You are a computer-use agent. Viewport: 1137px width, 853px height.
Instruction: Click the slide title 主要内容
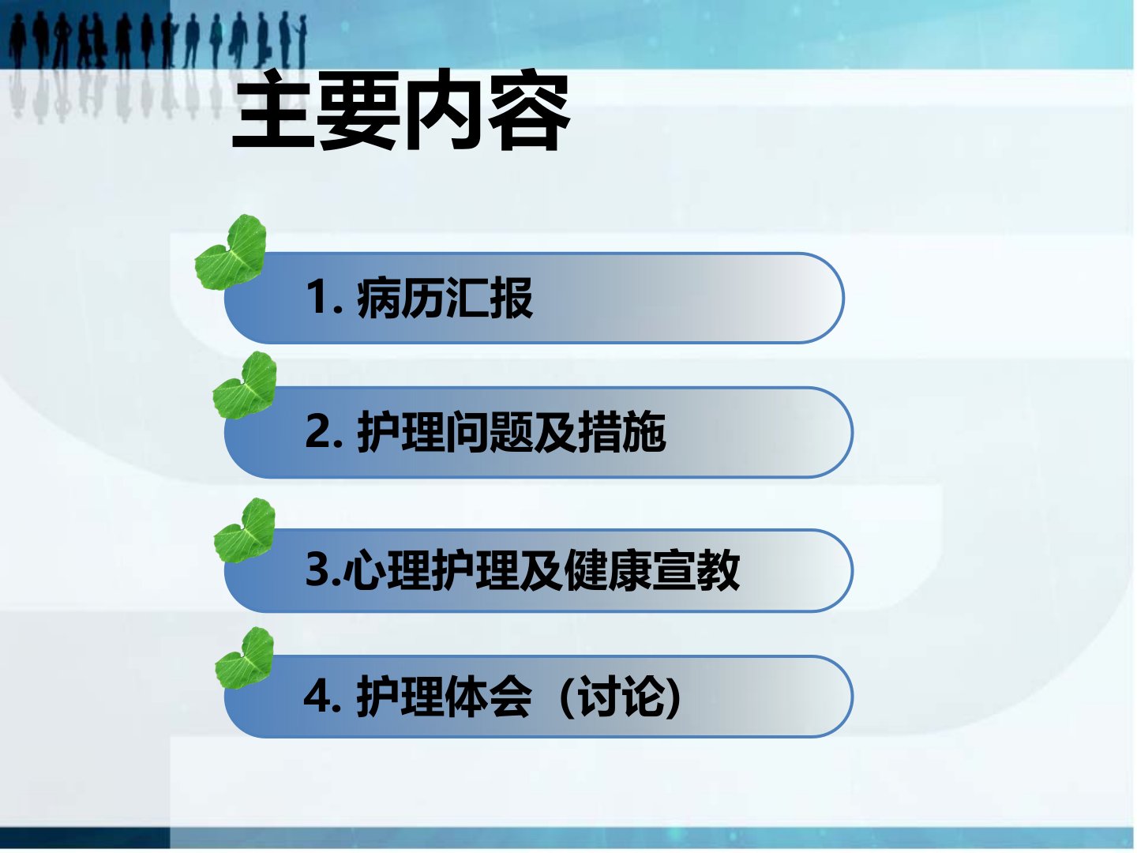[401, 111]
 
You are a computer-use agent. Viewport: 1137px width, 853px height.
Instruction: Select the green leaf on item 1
[231, 252]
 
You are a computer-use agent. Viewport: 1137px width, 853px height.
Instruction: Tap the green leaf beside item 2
[245, 385]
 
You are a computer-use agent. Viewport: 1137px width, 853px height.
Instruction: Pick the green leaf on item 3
[245, 530]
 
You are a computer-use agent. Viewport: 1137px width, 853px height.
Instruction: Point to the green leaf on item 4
[245, 658]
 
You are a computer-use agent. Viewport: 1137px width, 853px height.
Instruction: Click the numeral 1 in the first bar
[316, 297]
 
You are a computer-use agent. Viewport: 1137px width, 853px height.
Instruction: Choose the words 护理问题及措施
[512, 431]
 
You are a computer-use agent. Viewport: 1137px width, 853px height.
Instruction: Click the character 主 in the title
[273, 111]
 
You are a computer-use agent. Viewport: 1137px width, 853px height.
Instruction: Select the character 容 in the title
[529, 111]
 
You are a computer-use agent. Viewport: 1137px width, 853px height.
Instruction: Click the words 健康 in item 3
[607, 569]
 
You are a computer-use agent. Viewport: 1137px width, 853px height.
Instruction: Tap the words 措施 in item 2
[621, 431]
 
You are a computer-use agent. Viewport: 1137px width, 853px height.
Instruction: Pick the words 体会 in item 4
[489, 697]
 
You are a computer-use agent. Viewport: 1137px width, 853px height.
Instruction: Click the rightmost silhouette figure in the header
[300, 40]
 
